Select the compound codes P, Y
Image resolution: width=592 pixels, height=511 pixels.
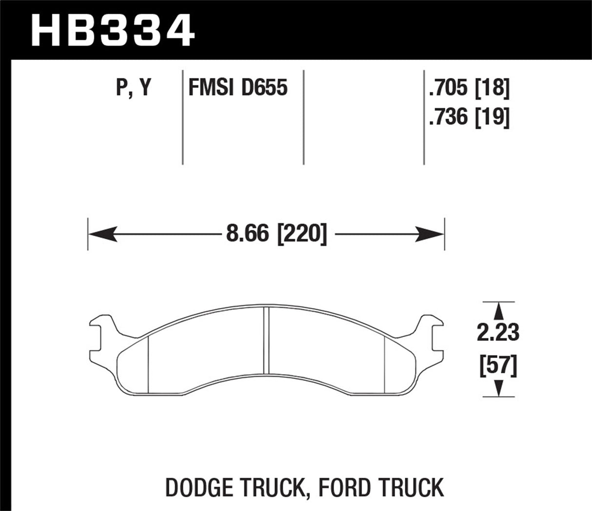coord(134,88)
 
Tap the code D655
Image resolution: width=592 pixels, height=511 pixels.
coord(264,88)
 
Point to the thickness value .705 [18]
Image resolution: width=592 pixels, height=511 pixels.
coord(469,89)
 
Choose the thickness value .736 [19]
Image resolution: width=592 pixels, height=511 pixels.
coord(469,117)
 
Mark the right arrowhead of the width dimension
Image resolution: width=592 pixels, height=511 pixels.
coord(431,234)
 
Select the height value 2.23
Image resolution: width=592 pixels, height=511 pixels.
coord(498,334)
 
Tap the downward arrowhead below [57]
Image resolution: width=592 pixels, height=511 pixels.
coord(498,388)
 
